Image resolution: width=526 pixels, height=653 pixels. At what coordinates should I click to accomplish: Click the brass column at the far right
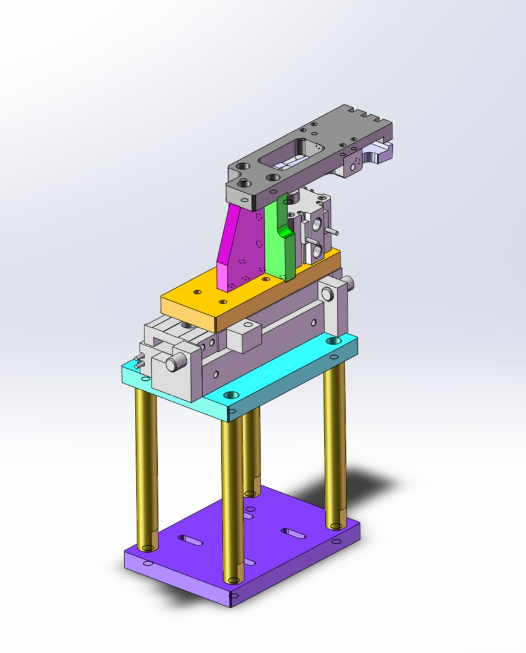pyautogui.click(x=334, y=441)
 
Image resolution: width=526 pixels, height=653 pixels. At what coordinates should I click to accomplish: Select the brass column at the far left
pyautogui.click(x=146, y=466)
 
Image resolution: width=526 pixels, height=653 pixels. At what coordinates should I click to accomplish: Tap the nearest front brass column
pyautogui.click(x=232, y=496)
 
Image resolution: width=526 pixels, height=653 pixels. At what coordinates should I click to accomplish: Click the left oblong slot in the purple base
pyautogui.click(x=192, y=539)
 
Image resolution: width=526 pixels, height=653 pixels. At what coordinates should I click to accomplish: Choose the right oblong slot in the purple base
pyautogui.click(x=293, y=533)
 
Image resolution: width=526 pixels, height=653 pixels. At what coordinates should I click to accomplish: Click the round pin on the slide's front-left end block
pyautogui.click(x=174, y=363)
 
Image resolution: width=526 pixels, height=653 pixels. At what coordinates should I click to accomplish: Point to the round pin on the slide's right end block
pyautogui.click(x=327, y=294)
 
